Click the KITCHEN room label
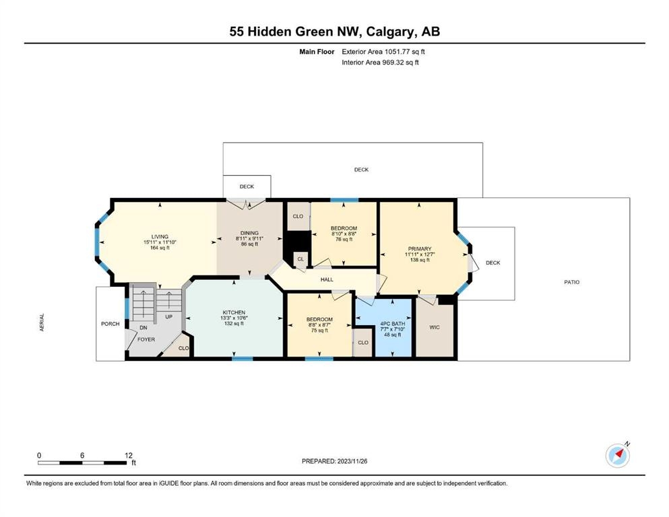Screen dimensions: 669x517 click(x=234, y=312)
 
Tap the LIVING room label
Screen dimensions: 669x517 click(x=160, y=236)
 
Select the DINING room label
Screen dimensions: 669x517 click(x=249, y=233)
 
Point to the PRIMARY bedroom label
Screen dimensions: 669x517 click(x=420, y=248)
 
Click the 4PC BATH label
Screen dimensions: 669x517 click(x=393, y=324)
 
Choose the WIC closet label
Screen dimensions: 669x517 click(x=435, y=327)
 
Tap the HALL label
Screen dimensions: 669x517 click(x=327, y=279)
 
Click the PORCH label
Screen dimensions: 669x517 click(x=110, y=324)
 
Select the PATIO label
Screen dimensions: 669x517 click(x=572, y=282)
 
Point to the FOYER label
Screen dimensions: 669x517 click(x=146, y=339)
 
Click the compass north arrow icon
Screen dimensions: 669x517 click(x=618, y=455)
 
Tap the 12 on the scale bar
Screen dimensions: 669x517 click(x=129, y=455)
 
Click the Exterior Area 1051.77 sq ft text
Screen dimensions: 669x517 click(x=383, y=52)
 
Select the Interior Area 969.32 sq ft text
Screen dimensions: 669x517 click(x=380, y=62)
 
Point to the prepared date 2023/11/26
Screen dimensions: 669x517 click(x=352, y=461)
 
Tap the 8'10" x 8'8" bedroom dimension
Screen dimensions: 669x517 click(x=344, y=234)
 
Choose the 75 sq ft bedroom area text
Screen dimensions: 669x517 click(x=319, y=331)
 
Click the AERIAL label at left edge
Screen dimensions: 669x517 click(x=42, y=322)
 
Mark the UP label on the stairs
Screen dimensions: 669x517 click(x=169, y=316)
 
